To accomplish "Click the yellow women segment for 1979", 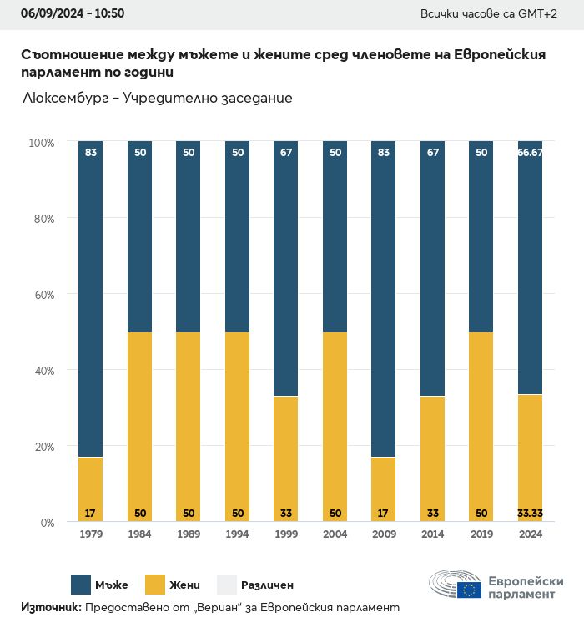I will pos(90,489).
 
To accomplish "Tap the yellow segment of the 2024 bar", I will pos(529,458).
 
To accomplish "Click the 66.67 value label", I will pos(530,153).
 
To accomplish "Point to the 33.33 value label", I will pos(530,512).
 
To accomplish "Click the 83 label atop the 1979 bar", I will pos(90,153).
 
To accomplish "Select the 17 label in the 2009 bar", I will pos(382,512).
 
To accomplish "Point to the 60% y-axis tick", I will pos(42,295).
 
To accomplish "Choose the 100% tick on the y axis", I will pos(40,143).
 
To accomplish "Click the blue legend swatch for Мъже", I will pos(81,585).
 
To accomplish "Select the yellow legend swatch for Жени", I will pos(157,585).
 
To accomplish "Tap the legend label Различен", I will pos(267,585).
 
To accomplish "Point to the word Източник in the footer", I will pos(50,608).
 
